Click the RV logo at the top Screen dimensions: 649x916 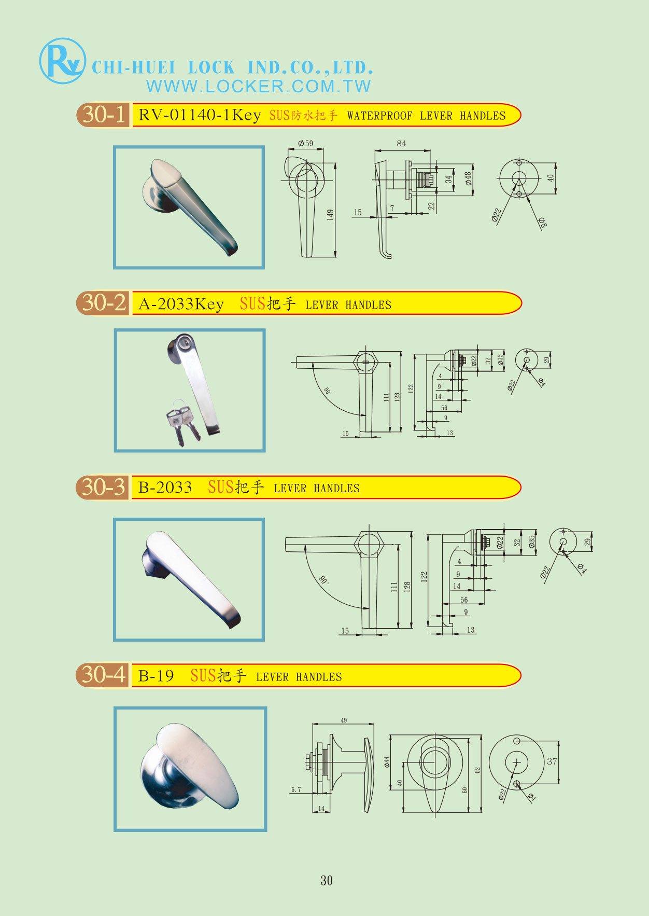[62, 61]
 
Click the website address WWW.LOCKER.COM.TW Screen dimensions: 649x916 [259, 86]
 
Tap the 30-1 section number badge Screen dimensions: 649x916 [103, 114]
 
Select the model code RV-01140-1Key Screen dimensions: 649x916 [200, 115]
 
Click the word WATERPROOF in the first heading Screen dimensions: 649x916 [380, 116]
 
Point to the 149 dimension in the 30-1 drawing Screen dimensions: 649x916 [330, 215]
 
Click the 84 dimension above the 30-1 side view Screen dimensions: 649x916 [401, 143]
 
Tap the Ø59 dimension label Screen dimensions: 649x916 [305, 143]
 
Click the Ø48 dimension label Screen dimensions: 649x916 [468, 179]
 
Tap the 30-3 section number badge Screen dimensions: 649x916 [103, 487]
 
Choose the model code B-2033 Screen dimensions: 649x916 [165, 488]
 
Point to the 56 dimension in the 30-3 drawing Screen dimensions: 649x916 [464, 600]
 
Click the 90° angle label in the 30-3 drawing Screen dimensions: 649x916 [324, 580]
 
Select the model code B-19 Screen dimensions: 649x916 [156, 676]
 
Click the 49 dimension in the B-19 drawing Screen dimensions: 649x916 [344, 720]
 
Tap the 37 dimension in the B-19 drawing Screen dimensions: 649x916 [552, 761]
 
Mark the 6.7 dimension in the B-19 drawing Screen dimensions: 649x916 [295, 789]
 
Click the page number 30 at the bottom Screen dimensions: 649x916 [327, 880]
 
